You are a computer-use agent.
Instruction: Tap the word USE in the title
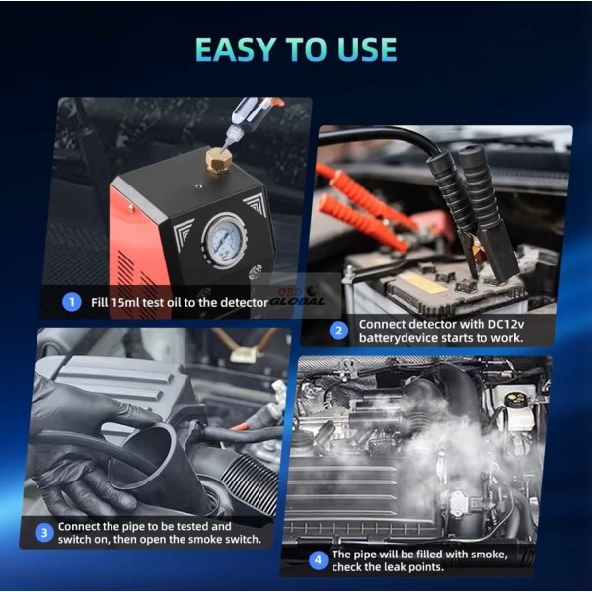367,49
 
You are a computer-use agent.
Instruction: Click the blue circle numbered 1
72,302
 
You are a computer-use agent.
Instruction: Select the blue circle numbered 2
338,331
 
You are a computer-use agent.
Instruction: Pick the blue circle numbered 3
44,533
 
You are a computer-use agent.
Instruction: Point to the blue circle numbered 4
319,560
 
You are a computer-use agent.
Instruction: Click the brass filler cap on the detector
218,161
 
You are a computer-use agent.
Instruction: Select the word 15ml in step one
125,302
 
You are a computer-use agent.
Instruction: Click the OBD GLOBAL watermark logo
298,297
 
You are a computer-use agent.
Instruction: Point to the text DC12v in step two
506,324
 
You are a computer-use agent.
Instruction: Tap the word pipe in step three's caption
133,526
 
